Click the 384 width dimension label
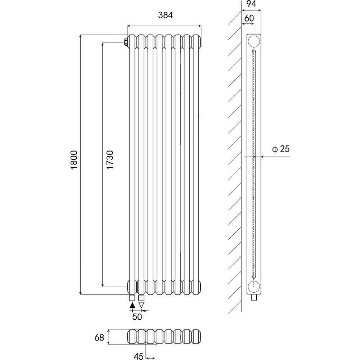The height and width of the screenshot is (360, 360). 165,15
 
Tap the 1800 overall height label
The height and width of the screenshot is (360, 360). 74,160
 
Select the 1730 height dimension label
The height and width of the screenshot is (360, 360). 110,159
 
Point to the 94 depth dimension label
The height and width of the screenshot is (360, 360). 251,4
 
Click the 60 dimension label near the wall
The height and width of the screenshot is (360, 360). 249,18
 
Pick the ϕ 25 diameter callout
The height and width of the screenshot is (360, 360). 281,149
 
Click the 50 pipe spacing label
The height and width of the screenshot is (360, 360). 137,317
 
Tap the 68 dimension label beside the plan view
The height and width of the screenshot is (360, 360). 99,338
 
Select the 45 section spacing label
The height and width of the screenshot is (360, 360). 139,356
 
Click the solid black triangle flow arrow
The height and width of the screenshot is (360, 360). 132,305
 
